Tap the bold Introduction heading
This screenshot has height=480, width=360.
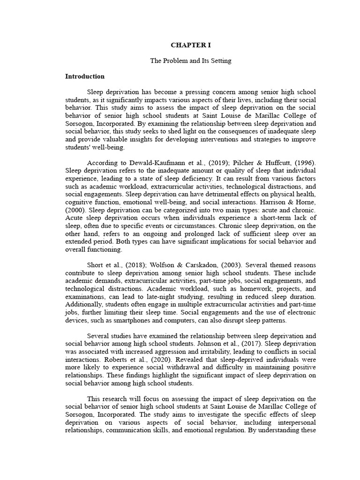click(85, 76)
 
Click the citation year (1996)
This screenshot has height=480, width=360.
click(303, 163)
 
